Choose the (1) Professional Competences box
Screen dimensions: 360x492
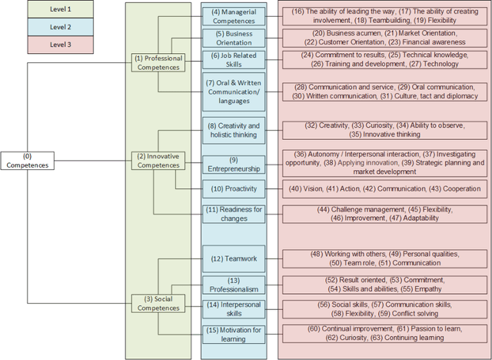(158, 62)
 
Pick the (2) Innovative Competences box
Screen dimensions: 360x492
(158, 160)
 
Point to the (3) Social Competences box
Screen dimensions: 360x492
(158, 302)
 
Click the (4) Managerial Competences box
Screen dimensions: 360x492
(234, 16)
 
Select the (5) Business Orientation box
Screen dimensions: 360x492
(234, 38)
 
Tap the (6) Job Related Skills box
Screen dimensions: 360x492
(234, 60)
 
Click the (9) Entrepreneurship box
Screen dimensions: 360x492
(234, 164)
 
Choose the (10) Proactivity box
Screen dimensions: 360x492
(234, 188)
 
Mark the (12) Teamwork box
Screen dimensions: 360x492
(234, 258)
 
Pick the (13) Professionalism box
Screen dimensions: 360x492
(234, 285)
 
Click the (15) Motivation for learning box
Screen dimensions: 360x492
(234, 334)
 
